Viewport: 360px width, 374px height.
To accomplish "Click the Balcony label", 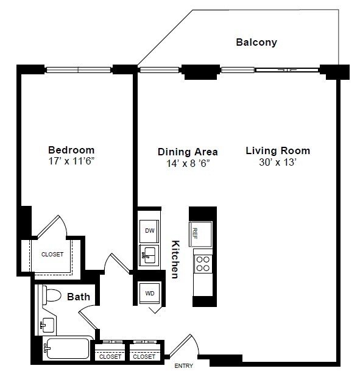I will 256,43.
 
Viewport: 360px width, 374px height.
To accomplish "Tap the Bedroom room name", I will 71,150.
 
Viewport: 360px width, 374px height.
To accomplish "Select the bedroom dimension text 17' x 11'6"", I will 71,163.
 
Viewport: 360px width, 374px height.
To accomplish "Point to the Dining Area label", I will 188,152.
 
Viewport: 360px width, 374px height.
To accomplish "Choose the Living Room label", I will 278,150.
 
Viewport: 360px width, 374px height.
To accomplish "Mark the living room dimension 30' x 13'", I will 278,163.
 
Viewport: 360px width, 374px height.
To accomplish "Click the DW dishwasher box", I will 150,230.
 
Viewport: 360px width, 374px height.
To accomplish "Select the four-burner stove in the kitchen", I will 202,263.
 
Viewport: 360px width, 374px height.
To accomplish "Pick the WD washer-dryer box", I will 149,293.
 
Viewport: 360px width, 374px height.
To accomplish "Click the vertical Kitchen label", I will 175,259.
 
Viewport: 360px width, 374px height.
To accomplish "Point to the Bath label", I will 79,297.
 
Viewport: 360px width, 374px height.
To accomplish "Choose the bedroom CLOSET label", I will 52,254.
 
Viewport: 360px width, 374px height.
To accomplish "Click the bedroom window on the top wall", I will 78,69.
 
